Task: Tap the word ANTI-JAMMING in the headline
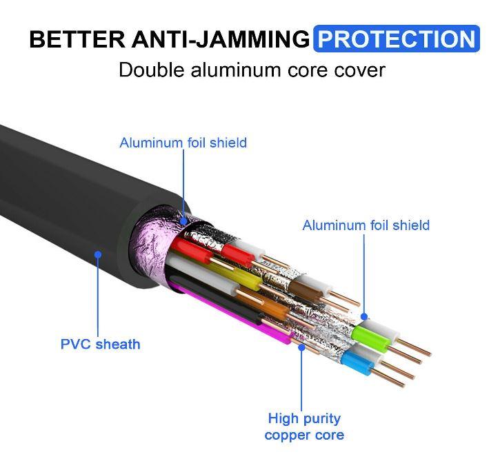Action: click(x=219, y=39)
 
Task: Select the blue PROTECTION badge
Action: click(x=396, y=39)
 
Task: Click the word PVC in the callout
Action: click(x=75, y=343)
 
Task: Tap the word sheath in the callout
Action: click(x=117, y=343)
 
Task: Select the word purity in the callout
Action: click(x=322, y=418)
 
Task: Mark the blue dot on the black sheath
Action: click(x=98, y=254)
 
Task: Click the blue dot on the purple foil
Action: click(x=184, y=218)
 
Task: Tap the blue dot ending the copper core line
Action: click(x=301, y=347)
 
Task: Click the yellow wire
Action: click(x=234, y=278)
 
